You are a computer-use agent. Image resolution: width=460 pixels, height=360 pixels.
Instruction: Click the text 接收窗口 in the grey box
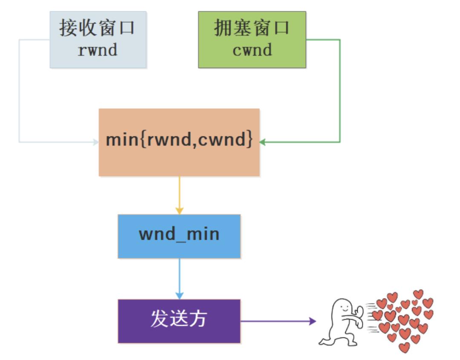pyautogui.click(x=98, y=29)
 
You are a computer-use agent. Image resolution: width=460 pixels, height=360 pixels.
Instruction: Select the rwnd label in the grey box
pyautogui.click(x=98, y=50)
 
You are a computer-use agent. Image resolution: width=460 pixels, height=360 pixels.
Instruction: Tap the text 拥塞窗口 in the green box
pyautogui.click(x=252, y=29)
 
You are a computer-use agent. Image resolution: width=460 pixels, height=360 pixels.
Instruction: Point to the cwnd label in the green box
pyautogui.click(x=252, y=50)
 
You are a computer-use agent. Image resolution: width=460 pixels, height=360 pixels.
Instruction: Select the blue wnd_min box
pyautogui.click(x=179, y=236)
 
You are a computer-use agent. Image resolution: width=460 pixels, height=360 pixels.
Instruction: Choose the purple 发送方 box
pyautogui.click(x=179, y=321)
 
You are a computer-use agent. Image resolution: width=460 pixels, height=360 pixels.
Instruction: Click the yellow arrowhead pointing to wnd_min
pyautogui.click(x=179, y=211)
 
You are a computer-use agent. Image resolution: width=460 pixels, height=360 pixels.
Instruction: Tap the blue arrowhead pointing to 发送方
pyautogui.click(x=179, y=295)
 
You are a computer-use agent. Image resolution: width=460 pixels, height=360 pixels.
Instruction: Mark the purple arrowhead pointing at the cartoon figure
pyautogui.click(x=313, y=321)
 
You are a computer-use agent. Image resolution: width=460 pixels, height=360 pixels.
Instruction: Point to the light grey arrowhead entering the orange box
pyautogui.click(x=96, y=142)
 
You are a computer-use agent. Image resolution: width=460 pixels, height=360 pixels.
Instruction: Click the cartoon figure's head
pyautogui.click(x=343, y=307)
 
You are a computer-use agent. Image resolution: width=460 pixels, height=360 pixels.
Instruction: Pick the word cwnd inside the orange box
pyautogui.click(x=224, y=140)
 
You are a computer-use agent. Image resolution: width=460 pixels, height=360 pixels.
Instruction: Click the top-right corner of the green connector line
pyautogui.click(x=339, y=40)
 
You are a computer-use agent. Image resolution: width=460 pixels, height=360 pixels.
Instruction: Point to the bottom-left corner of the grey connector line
pyautogui.click(x=19, y=142)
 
